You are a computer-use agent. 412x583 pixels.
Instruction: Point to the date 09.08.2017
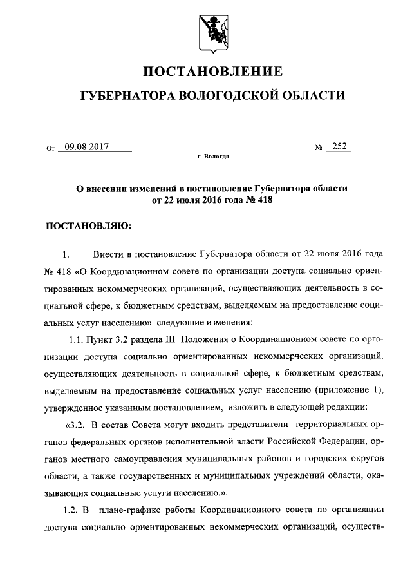[x=83, y=147]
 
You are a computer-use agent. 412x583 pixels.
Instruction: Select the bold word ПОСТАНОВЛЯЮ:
[x=87, y=226]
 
